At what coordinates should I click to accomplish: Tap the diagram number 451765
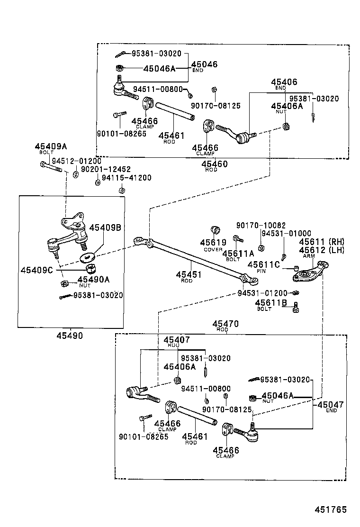[x=331, y=510]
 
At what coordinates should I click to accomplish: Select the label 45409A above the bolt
[x=51, y=147]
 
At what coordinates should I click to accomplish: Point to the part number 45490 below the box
[x=70, y=336]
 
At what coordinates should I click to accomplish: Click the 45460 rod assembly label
[x=214, y=164]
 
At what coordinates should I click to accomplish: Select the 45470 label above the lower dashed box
[x=228, y=324]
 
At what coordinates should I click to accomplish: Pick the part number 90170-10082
[x=261, y=225]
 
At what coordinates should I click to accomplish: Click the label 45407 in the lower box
[x=177, y=340]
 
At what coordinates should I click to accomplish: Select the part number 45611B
[x=271, y=302]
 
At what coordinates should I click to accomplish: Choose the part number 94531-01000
[x=286, y=233]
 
